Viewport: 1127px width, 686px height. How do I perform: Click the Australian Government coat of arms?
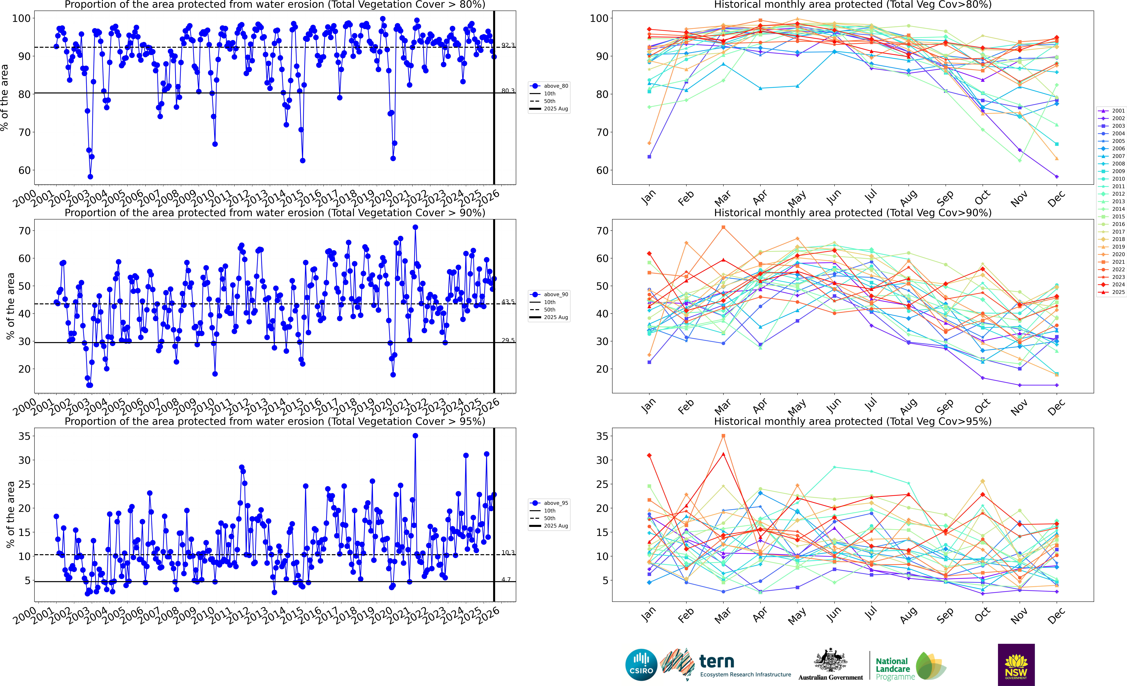tap(830, 661)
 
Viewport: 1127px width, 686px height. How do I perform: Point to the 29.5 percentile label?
tap(508, 340)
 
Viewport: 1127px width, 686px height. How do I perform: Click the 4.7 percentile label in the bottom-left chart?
tap(506, 579)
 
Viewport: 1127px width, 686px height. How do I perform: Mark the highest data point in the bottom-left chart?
tap(415, 436)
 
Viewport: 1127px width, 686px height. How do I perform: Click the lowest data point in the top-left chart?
tap(90, 177)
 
